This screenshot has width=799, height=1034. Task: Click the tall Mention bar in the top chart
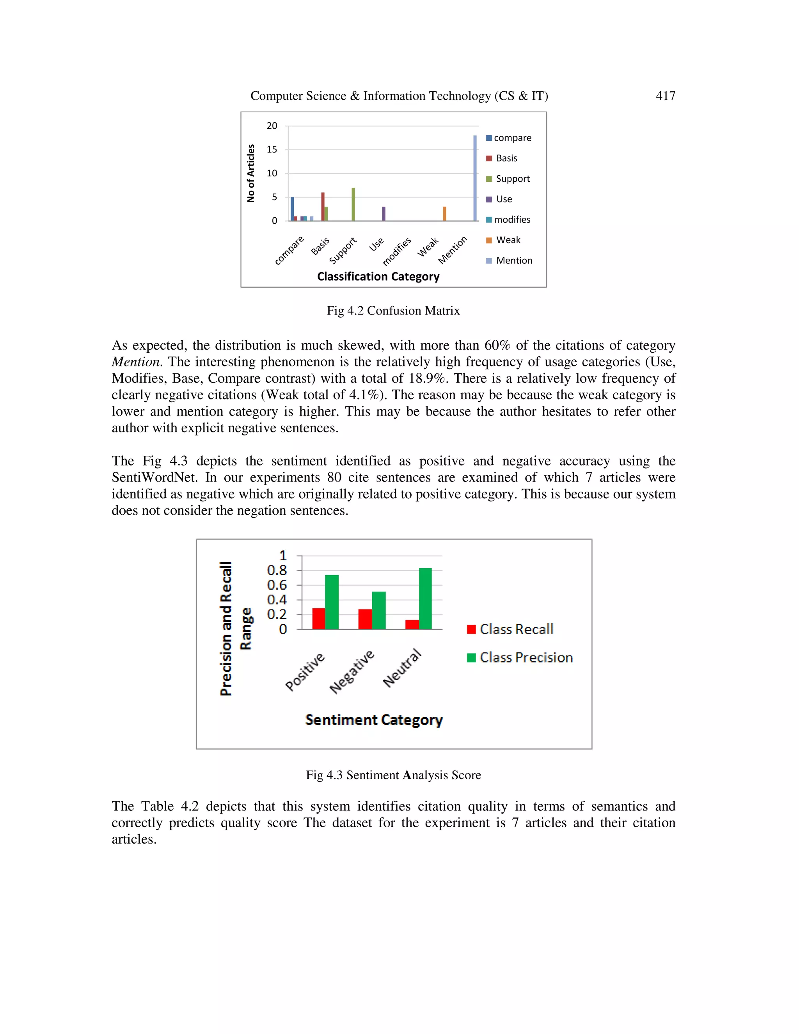(475, 178)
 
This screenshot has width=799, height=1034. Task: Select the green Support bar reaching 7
(353, 204)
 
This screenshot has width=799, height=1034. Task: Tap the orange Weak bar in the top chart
(444, 213)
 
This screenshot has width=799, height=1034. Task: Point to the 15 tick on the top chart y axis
(272, 149)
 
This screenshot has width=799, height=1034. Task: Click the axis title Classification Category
(378, 277)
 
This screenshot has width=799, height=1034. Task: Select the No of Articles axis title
(251, 173)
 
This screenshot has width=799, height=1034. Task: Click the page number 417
(665, 96)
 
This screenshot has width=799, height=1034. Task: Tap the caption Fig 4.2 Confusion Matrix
(393, 311)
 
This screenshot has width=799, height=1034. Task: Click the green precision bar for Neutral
(425, 599)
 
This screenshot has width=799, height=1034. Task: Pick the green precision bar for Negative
(379, 610)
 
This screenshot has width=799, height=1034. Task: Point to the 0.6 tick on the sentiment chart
(277, 585)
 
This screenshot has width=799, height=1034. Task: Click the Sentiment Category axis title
(373, 720)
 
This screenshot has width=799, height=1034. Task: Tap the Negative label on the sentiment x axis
(352, 672)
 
